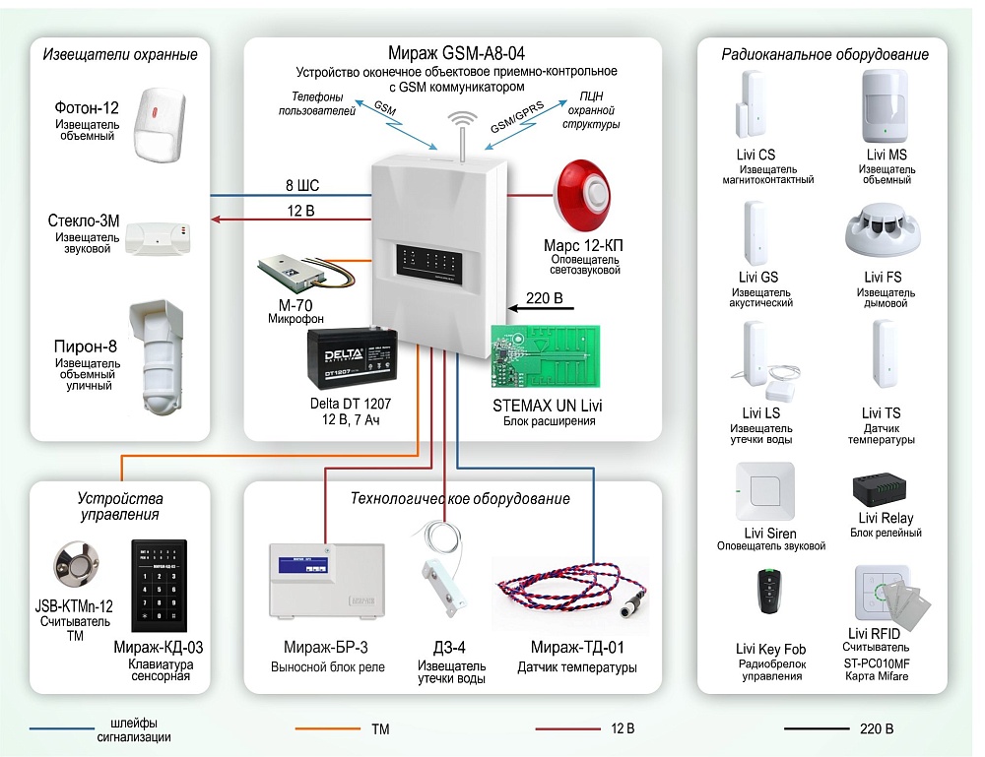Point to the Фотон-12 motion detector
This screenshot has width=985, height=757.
(164, 123)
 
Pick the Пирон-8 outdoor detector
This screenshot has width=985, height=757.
(157, 352)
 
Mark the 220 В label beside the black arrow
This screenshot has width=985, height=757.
(546, 298)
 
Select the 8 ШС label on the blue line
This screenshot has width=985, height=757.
(301, 186)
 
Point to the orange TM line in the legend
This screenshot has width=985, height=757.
(325, 729)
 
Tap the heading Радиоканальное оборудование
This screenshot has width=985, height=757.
(824, 55)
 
